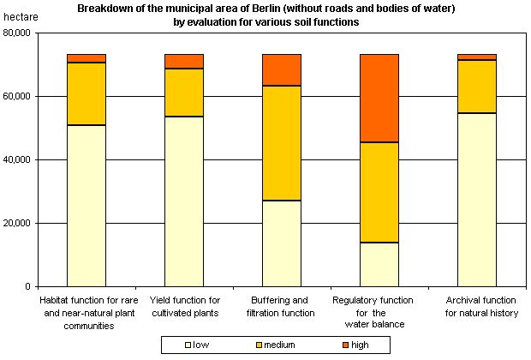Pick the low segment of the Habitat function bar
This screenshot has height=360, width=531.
[87, 206]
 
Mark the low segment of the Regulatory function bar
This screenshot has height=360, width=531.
[379, 265]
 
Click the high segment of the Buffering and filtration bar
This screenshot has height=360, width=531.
[281, 69]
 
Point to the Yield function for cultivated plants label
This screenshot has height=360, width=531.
[184, 307]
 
